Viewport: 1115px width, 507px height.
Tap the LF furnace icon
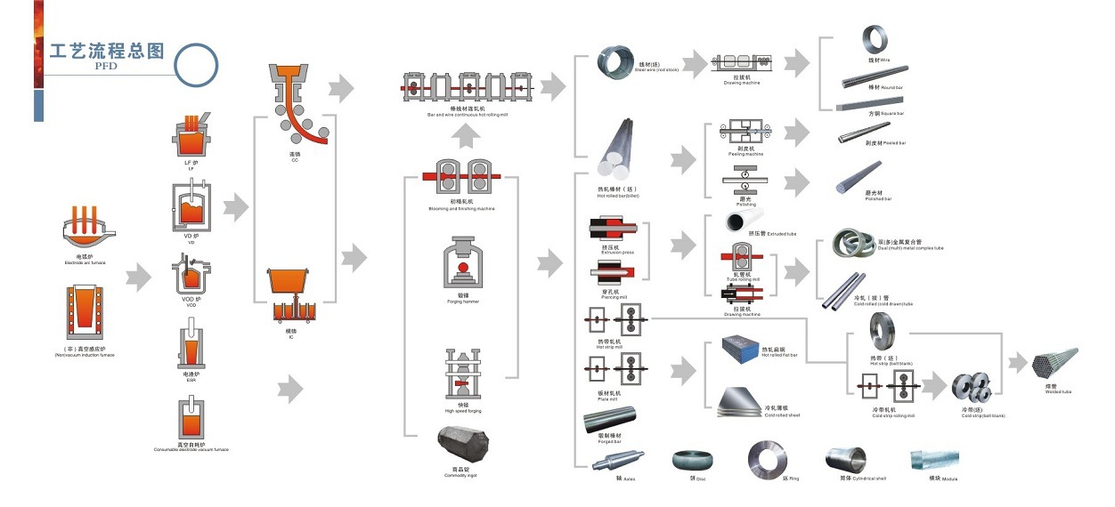[x=191, y=136]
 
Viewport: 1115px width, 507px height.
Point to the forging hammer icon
[x=462, y=263]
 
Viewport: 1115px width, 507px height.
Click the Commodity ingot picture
[x=462, y=445]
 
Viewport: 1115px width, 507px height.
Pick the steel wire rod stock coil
[x=613, y=64]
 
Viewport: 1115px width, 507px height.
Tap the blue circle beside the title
[x=195, y=65]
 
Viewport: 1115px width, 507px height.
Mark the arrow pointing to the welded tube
[x=1017, y=362]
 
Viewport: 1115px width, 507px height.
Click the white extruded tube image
[x=743, y=221]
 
